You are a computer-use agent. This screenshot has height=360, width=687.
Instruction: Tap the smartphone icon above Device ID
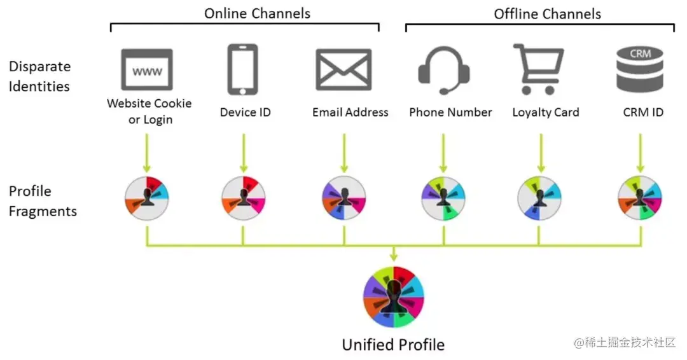(242, 69)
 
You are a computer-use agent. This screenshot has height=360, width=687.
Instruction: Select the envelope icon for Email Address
(343, 69)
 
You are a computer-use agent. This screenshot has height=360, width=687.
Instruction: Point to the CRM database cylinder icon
(639, 69)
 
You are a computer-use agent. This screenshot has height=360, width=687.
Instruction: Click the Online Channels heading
(257, 13)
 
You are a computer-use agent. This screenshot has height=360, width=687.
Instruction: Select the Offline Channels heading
(547, 13)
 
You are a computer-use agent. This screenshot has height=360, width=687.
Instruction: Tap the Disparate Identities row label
(39, 76)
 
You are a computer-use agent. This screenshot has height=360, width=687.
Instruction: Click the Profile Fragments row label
(42, 201)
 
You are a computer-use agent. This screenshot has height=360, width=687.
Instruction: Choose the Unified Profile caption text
(393, 345)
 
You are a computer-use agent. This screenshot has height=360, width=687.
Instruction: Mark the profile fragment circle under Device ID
(243, 198)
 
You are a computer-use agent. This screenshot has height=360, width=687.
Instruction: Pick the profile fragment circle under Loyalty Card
(539, 198)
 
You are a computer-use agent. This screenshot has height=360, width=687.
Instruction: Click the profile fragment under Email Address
(343, 198)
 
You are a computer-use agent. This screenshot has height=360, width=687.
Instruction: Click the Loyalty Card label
(546, 113)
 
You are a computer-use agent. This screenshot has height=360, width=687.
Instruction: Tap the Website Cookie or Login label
(149, 111)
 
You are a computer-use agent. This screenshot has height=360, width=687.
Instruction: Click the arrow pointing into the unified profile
(393, 253)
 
